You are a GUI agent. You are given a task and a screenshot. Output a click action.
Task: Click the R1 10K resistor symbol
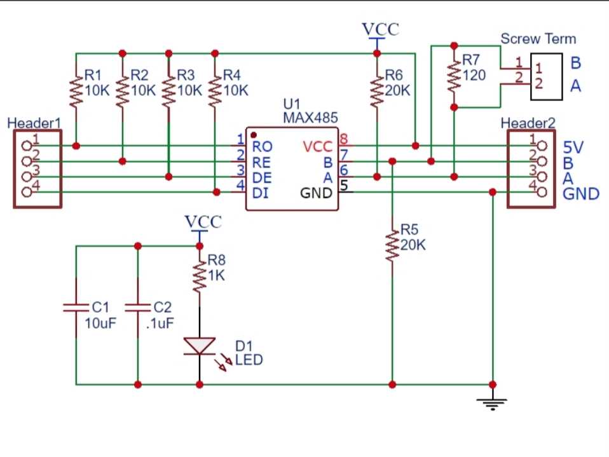point(76,91)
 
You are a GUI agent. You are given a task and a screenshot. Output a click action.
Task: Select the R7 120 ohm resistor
point(453,76)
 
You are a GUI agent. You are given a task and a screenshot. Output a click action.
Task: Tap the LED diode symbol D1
point(200,346)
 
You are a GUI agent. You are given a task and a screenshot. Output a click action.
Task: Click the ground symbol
point(493,402)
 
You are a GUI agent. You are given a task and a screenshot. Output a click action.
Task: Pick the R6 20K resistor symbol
point(377,90)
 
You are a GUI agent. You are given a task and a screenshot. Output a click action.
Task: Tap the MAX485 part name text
point(310,118)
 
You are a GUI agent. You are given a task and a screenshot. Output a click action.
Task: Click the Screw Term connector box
point(547,76)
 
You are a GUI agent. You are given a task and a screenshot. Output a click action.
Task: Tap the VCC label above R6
point(380,30)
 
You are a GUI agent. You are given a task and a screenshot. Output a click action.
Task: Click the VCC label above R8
point(203,222)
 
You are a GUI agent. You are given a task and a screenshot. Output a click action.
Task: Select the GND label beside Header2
point(581,193)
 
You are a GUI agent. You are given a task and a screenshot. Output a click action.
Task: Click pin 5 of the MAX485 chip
point(344,186)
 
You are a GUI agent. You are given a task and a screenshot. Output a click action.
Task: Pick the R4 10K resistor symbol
point(215,91)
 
